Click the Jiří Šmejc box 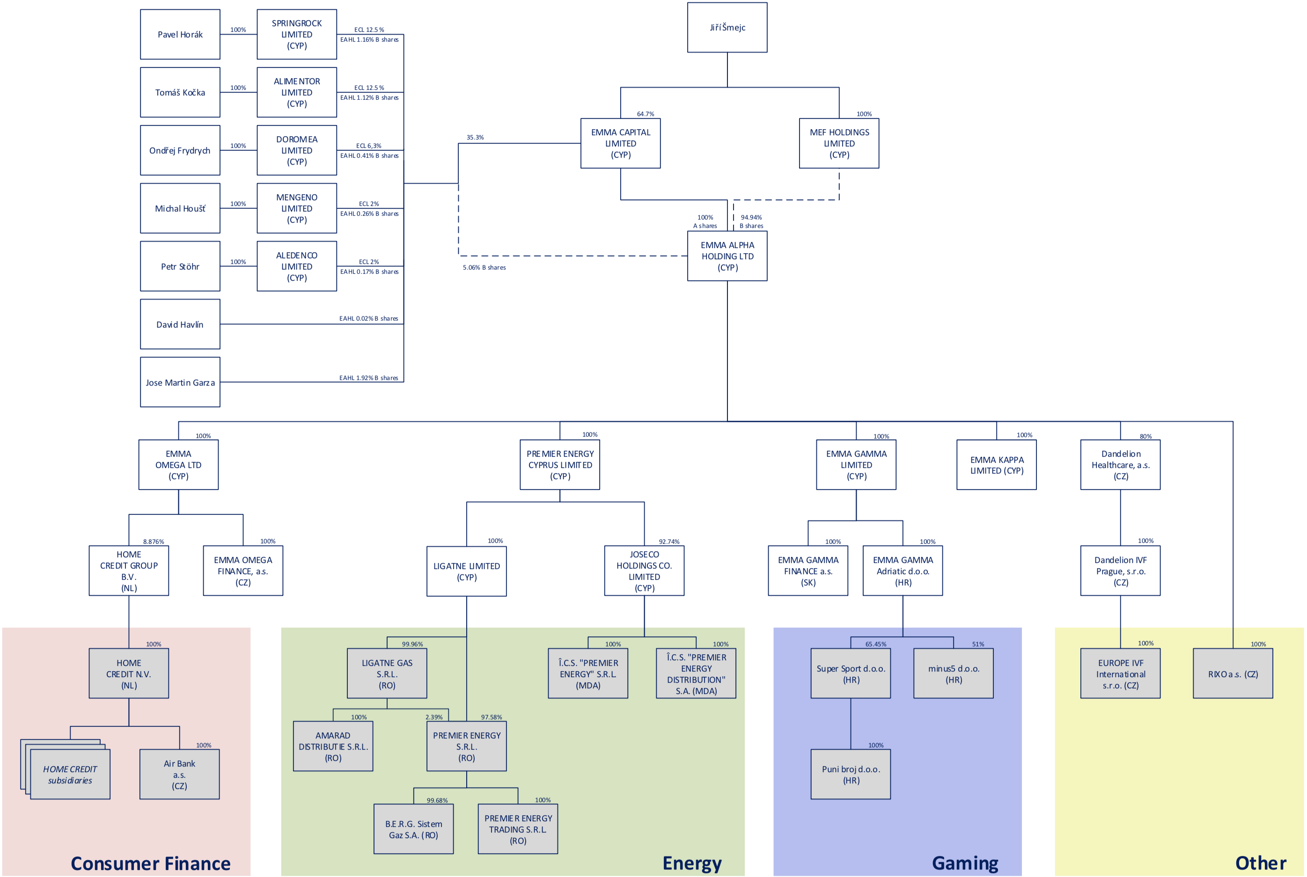(727, 28)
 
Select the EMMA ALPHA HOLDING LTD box (727, 256)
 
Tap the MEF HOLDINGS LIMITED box (839, 143)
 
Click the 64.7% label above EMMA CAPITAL (645, 114)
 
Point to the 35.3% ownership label (475, 138)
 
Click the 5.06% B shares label (484, 268)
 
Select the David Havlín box (180, 324)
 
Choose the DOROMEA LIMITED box (296, 150)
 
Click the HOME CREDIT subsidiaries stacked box (69, 775)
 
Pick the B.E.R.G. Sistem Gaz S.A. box (413, 829)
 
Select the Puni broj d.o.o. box (851, 775)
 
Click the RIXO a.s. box (1233, 674)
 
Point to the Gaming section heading (965, 863)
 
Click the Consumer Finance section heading (151, 863)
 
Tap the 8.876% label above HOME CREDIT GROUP (153, 542)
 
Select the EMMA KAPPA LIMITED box (997, 465)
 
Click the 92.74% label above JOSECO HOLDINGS (668, 542)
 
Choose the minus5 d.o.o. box (954, 674)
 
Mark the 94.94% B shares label (751, 221)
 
